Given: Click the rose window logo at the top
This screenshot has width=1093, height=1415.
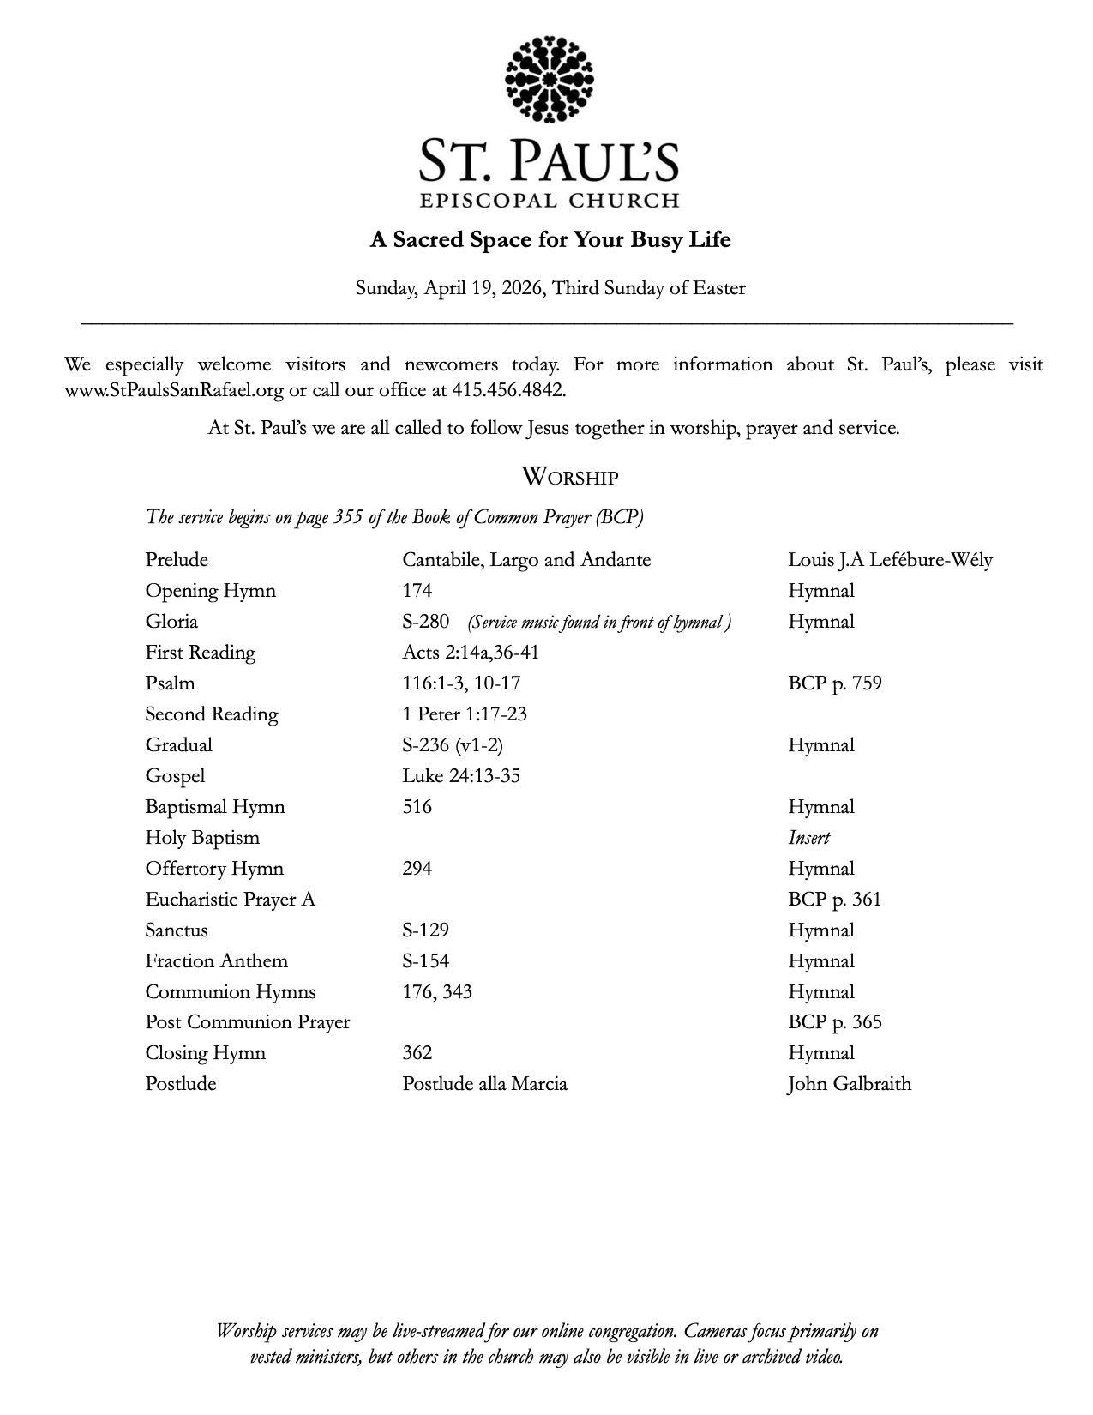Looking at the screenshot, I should pos(550,79).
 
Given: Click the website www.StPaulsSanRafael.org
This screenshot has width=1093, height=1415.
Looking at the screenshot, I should pos(174,390).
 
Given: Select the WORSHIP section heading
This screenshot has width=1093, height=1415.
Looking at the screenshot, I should pos(570,477).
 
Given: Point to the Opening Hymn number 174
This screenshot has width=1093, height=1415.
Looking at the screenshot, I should pos(417,591).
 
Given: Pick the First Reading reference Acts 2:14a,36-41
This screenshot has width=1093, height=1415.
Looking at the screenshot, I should pos(471,653).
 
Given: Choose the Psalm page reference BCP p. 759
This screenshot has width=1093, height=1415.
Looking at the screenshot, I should pos(834,683).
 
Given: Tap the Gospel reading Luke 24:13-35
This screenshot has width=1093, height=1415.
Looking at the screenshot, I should pos(461,776).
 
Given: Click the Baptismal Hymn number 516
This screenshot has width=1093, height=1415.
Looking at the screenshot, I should pos(417,807).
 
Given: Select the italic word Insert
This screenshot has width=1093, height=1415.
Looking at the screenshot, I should pos(808,838).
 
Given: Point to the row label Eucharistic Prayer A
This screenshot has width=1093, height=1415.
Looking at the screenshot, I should pos(230,900).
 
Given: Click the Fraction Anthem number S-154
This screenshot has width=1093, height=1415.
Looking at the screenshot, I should pos(426,961).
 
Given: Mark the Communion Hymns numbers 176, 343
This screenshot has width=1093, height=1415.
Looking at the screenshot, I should pos(437,992).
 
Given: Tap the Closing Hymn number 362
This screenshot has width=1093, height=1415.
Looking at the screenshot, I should pos(417,1053).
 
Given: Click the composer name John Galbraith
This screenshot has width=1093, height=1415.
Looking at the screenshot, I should pos(850,1084).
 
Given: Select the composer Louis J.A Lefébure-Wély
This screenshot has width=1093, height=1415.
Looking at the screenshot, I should pos(890,560).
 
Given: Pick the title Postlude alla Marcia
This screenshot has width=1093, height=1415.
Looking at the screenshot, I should pos(484,1084).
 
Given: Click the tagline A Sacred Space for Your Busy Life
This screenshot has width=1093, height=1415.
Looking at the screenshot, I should pos(550,239).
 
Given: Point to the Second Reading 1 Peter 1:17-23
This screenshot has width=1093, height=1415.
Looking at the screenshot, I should pos(465,714).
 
